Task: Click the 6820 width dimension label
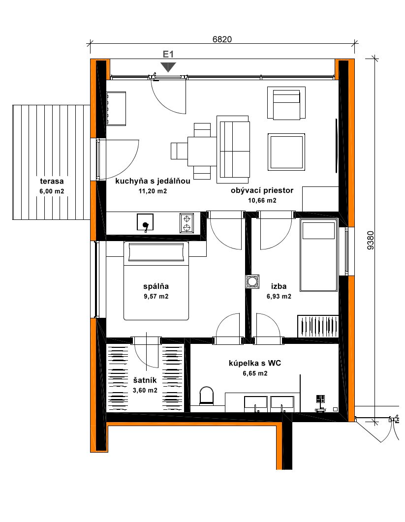click(222, 39)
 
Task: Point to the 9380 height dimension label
click(371, 241)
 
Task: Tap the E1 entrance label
click(168, 54)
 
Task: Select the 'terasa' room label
click(52, 182)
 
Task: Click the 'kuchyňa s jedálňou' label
click(153, 181)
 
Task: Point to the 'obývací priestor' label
click(262, 190)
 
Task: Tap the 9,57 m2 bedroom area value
click(156, 296)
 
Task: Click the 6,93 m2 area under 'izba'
click(279, 296)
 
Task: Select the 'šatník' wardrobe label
click(145, 380)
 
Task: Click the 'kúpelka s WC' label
click(255, 363)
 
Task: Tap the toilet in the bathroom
click(207, 396)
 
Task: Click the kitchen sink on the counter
click(145, 222)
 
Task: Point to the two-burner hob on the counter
click(187, 223)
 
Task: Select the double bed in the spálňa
click(156, 280)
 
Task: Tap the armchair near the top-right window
click(286, 103)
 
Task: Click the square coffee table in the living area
click(286, 152)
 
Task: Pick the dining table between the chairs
click(202, 152)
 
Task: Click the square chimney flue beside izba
click(252, 281)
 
